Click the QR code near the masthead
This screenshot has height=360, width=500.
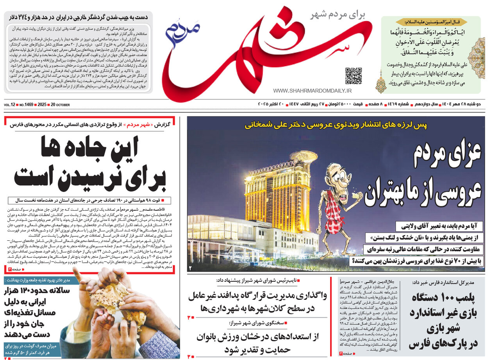coord(353,76)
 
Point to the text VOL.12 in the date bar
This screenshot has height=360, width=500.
coord(10,105)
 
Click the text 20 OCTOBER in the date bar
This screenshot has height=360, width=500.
coord(60,105)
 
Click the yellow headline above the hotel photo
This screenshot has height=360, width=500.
coord(336,125)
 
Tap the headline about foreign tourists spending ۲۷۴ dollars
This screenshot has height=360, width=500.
coord(78,17)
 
